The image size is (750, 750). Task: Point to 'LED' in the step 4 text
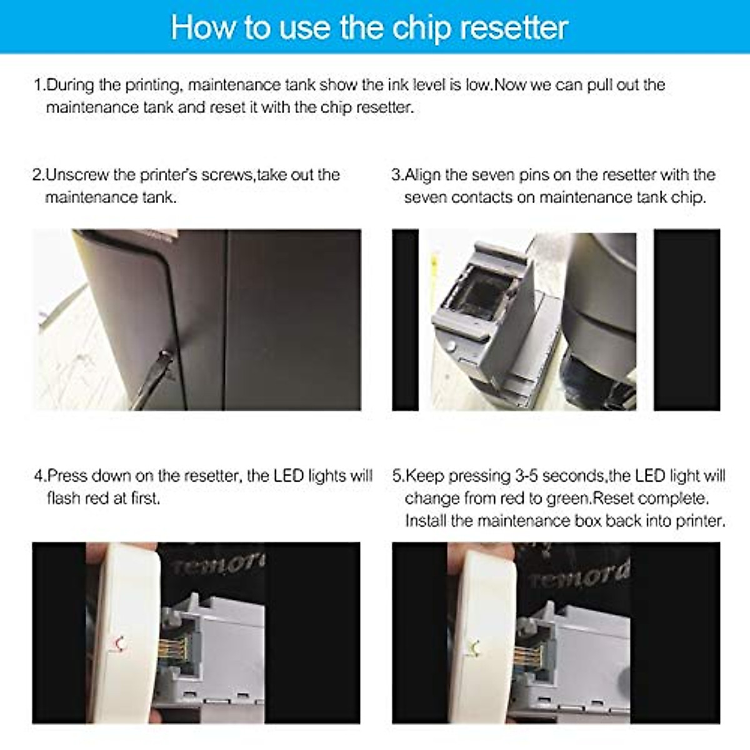[x=289, y=476]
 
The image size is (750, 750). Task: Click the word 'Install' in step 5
[x=424, y=521]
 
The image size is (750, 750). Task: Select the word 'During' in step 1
[x=71, y=85]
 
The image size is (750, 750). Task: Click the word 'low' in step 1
[x=478, y=85]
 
